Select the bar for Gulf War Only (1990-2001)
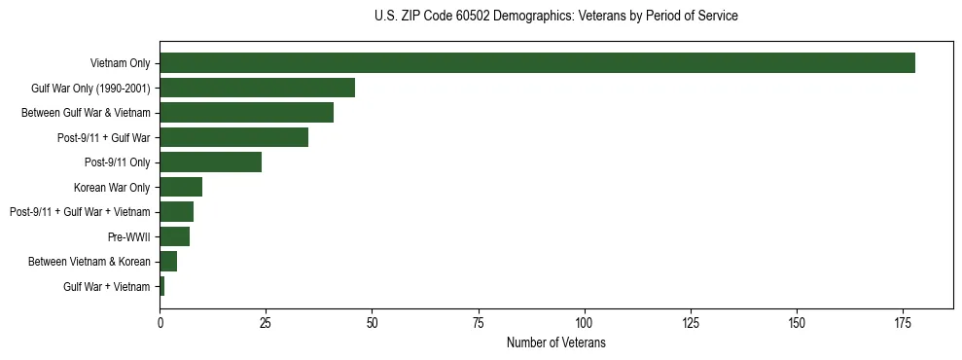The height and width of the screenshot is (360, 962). (x=257, y=88)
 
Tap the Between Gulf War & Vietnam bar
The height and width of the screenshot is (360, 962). (x=246, y=113)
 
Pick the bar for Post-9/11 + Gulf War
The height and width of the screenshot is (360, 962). (x=233, y=137)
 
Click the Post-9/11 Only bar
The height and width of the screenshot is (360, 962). (x=210, y=162)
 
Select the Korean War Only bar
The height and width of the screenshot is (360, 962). (x=181, y=187)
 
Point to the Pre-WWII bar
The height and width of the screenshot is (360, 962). (x=174, y=236)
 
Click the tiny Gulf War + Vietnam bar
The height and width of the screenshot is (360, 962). (x=162, y=286)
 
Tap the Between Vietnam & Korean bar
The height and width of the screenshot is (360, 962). (x=168, y=262)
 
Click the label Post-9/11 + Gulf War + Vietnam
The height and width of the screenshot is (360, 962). (x=80, y=212)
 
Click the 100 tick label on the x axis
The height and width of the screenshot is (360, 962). (x=584, y=323)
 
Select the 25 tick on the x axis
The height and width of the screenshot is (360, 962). (x=266, y=323)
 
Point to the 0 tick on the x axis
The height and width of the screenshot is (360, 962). (x=160, y=323)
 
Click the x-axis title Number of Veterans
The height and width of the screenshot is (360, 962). (x=555, y=343)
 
